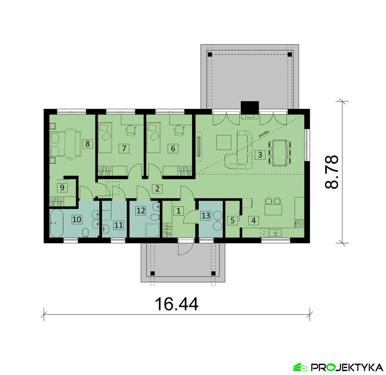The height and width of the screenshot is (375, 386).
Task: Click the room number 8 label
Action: click(x=87, y=144)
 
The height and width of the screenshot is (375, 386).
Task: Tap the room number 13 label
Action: click(x=206, y=215)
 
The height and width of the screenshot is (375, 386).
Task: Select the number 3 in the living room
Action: click(x=260, y=155)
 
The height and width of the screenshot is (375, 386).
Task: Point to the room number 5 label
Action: click(x=233, y=221)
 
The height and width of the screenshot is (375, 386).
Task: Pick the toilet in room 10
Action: click(x=85, y=233)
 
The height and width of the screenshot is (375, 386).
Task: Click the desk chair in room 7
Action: click(x=131, y=131)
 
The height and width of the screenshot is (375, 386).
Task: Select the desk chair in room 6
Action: click(x=180, y=131)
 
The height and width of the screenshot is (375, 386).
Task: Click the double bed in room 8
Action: click(x=66, y=144)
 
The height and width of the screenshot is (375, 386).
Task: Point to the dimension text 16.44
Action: click(x=177, y=304)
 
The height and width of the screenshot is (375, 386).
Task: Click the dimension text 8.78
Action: click(x=332, y=172)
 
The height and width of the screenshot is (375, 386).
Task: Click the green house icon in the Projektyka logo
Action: click(x=301, y=367)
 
